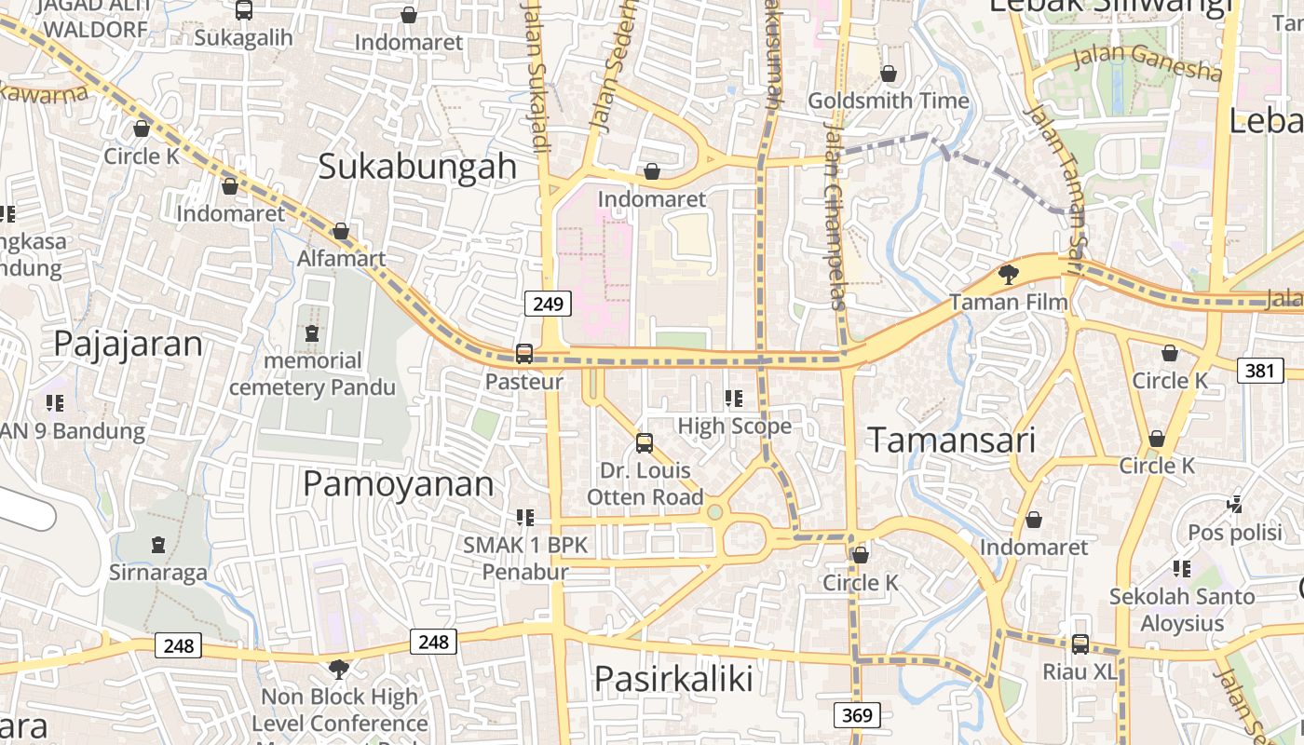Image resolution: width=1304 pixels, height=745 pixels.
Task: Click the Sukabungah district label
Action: (417, 166)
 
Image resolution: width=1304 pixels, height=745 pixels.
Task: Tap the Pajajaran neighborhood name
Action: (128, 344)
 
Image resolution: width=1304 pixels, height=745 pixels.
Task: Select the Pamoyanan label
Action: (399, 484)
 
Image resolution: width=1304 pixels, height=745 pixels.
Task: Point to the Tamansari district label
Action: (952, 440)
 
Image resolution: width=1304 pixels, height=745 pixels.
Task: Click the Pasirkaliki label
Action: (673, 678)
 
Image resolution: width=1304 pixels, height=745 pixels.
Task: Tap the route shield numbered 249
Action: (548, 304)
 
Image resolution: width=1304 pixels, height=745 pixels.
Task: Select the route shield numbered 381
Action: (1259, 371)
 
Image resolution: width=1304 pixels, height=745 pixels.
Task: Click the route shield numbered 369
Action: (855, 715)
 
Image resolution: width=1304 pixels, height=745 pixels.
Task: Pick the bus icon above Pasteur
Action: (524, 354)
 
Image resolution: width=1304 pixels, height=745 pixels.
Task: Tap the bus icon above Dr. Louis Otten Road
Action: (645, 442)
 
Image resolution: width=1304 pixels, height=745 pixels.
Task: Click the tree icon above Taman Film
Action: (1008, 274)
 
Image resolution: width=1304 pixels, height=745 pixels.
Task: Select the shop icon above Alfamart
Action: (341, 231)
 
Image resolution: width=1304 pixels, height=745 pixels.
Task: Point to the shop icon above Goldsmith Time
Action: (889, 73)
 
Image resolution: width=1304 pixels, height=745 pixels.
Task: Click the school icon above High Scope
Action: (734, 399)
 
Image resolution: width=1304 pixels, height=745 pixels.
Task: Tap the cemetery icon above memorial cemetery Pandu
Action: (312, 332)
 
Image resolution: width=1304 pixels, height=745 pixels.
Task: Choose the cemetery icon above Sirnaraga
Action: (158, 544)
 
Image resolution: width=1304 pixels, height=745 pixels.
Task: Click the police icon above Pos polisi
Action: (1235, 505)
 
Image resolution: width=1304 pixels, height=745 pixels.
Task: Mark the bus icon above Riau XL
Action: (1080, 643)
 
